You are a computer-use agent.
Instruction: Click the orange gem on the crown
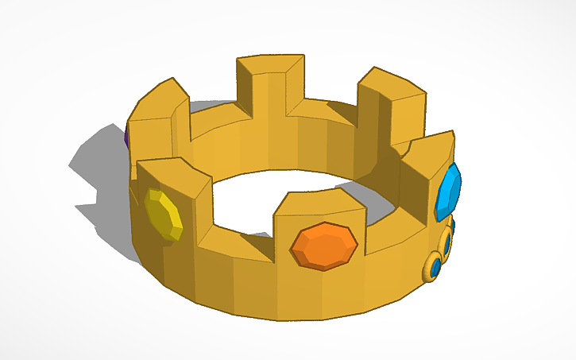323,246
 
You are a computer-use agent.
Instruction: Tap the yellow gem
164,215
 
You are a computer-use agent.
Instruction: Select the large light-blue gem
449,192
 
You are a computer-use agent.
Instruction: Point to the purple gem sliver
127,135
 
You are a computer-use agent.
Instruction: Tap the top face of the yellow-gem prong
173,174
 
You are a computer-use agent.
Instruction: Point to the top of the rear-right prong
391,83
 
